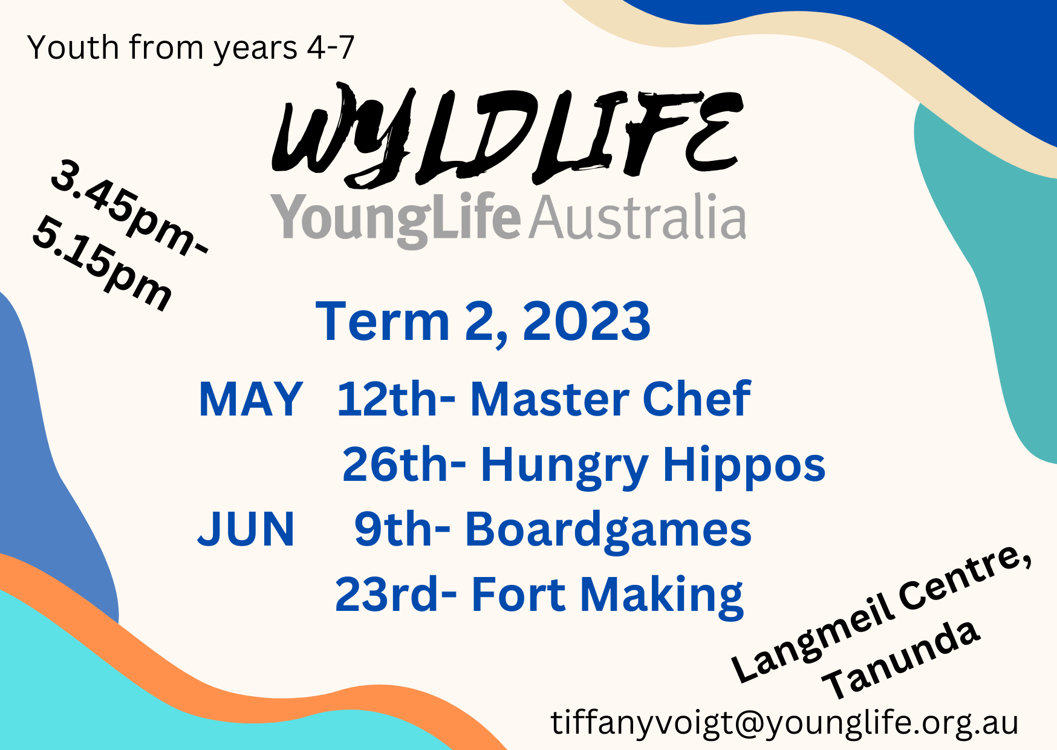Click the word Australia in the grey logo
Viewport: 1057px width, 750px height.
click(637, 217)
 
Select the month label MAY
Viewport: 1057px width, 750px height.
click(250, 399)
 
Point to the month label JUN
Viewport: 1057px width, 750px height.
click(246, 529)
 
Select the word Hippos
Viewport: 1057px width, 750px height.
click(744, 466)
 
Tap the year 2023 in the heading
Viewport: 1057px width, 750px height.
click(586, 321)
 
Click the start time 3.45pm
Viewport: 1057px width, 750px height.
click(129, 209)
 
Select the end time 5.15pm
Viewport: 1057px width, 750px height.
click(102, 264)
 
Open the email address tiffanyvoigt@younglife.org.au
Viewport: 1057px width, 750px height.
click(784, 722)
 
